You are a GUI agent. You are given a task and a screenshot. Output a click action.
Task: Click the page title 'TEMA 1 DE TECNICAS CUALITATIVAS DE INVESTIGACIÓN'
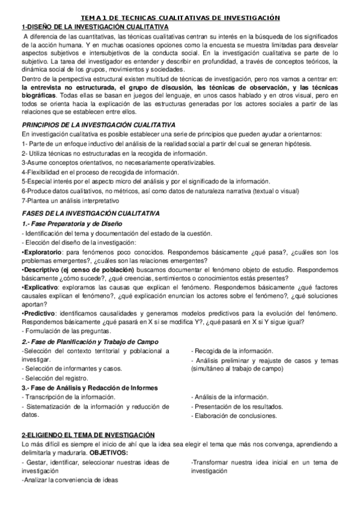click(180, 18)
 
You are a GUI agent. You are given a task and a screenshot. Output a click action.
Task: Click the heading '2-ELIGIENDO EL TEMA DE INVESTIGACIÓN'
click(88, 434)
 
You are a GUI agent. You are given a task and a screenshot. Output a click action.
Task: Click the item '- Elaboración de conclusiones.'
click(234, 416)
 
